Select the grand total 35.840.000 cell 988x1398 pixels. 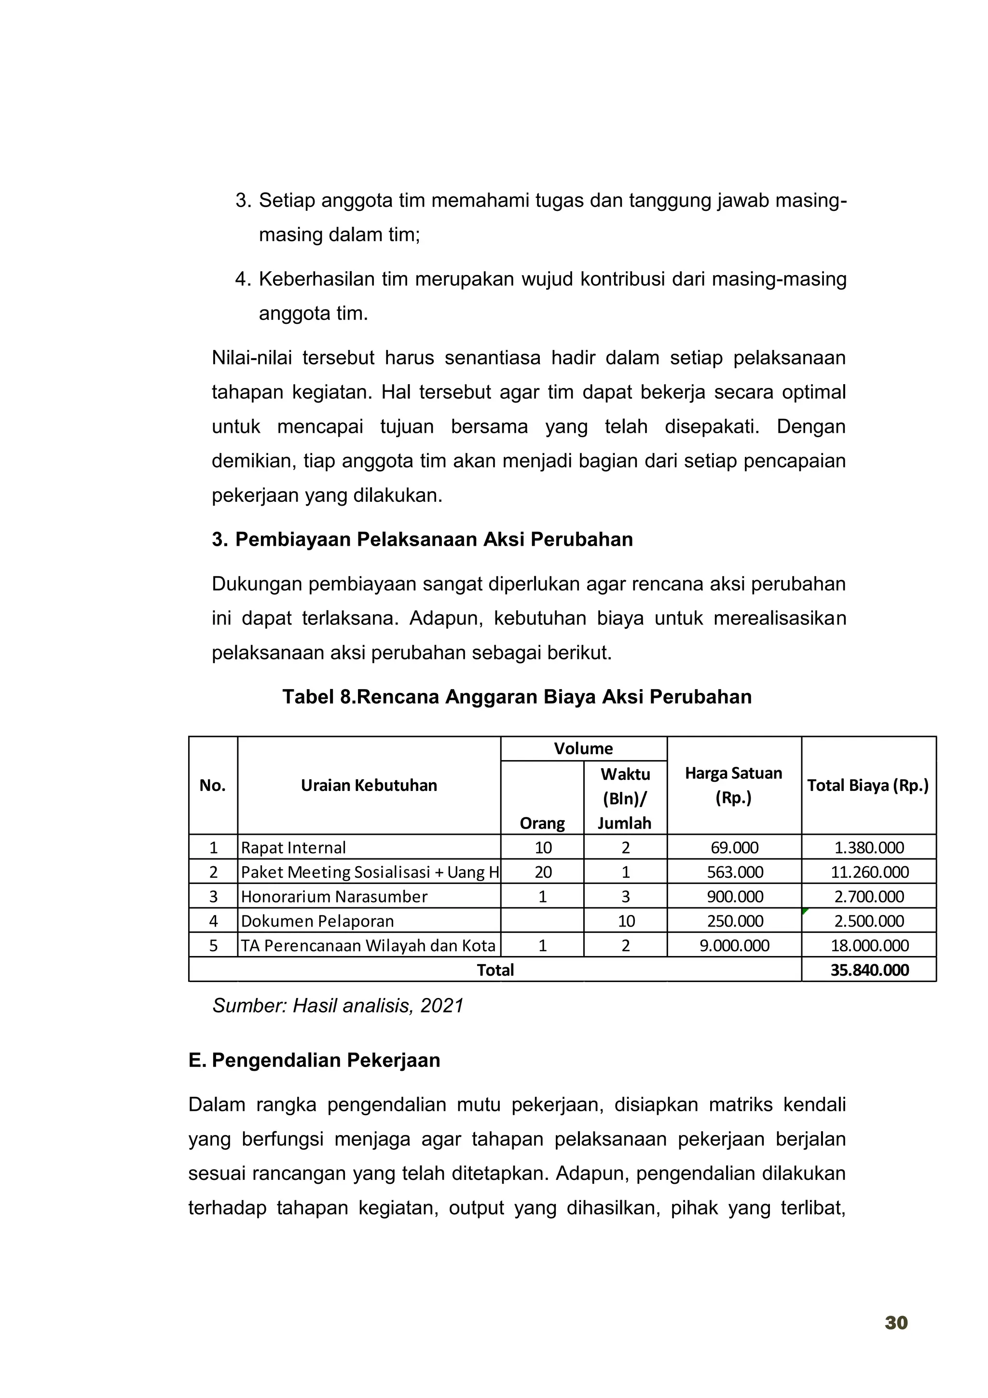point(869,970)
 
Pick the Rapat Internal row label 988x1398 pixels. point(293,847)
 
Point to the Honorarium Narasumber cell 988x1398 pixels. point(334,896)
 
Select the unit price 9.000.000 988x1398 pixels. point(734,946)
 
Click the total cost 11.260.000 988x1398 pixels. point(869,872)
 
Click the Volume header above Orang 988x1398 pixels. point(583,748)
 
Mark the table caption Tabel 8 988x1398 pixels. point(516,696)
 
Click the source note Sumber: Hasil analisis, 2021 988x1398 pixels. point(338,1005)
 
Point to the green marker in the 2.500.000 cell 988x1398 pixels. point(805,911)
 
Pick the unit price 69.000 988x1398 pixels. point(734,847)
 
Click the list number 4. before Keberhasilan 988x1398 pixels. point(243,279)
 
